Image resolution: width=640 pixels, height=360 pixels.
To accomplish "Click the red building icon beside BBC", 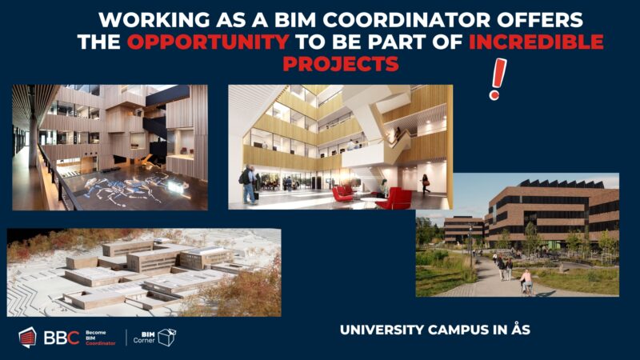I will pos(27,338).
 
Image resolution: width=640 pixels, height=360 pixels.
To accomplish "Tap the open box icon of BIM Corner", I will pos(166,337).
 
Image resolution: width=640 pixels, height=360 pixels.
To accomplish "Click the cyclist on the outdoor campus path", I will pos(526,281).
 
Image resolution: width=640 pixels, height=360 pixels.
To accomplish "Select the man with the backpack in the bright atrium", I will pos(249,183).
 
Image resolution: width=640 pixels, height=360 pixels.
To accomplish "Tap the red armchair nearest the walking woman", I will pos(398,198).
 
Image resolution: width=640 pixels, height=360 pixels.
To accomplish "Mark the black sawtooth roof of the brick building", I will pos(560,183).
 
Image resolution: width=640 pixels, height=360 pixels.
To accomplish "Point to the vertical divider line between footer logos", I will pos(126,338).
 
